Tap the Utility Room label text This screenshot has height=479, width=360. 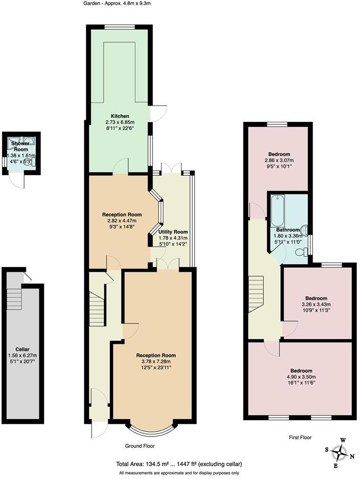[173, 232]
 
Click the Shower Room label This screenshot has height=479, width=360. [20, 146]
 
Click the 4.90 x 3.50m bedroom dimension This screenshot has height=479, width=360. [301, 378]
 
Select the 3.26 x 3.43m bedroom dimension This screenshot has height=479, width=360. [316, 305]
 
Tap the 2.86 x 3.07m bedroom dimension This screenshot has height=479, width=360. [279, 161]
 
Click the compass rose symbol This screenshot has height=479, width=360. [339, 453]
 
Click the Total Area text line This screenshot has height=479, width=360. [179, 464]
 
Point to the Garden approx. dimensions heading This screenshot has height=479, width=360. [117, 4]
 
